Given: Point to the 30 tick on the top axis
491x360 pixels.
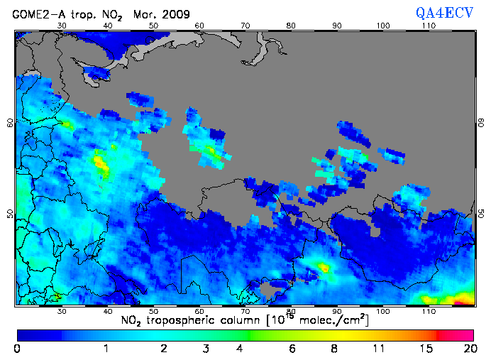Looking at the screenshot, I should coord(62,26).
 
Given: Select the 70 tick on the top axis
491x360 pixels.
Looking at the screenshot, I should coord(245,26).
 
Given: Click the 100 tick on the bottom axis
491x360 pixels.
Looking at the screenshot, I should coord(383,311).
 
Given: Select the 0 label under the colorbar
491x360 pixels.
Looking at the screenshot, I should coord(17,349).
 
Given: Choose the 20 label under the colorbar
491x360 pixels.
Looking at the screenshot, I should coord(468,349).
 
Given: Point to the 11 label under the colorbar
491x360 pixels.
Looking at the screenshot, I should coord(380,349).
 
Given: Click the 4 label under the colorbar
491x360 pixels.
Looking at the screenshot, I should coord(240,349).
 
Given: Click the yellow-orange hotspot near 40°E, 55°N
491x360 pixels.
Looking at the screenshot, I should coord(101,165).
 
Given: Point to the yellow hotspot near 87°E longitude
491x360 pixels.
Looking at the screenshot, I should coord(324,268).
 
